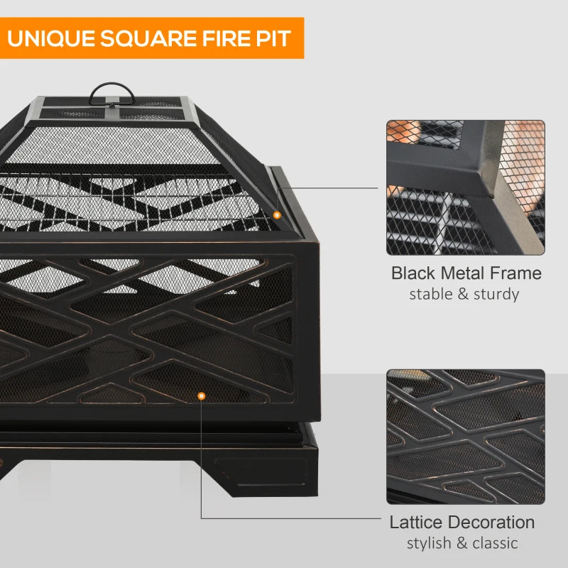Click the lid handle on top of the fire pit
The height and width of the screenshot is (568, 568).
tap(111, 91)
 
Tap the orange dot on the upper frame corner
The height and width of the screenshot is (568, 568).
tap(277, 214)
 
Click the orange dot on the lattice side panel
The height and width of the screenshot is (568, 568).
tap(202, 396)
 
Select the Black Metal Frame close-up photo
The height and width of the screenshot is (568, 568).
tap(466, 187)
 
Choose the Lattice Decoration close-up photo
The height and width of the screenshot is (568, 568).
tap(466, 436)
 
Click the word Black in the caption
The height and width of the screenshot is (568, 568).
tap(415, 273)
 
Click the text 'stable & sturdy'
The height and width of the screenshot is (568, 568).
tap(464, 294)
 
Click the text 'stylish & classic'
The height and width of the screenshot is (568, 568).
tap(462, 543)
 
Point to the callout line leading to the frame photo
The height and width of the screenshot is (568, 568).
tap(334, 188)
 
